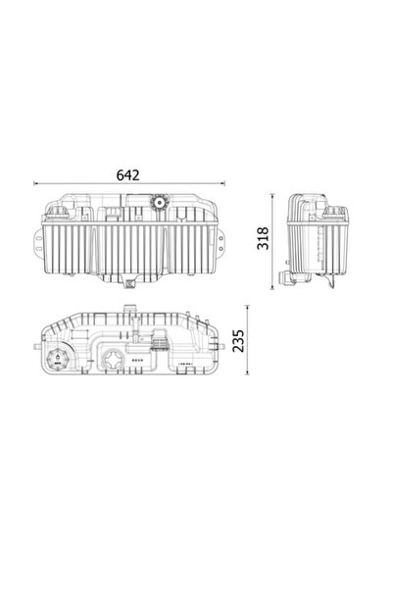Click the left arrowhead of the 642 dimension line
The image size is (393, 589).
point(36,183)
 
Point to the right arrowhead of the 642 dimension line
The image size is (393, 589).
point(222,183)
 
